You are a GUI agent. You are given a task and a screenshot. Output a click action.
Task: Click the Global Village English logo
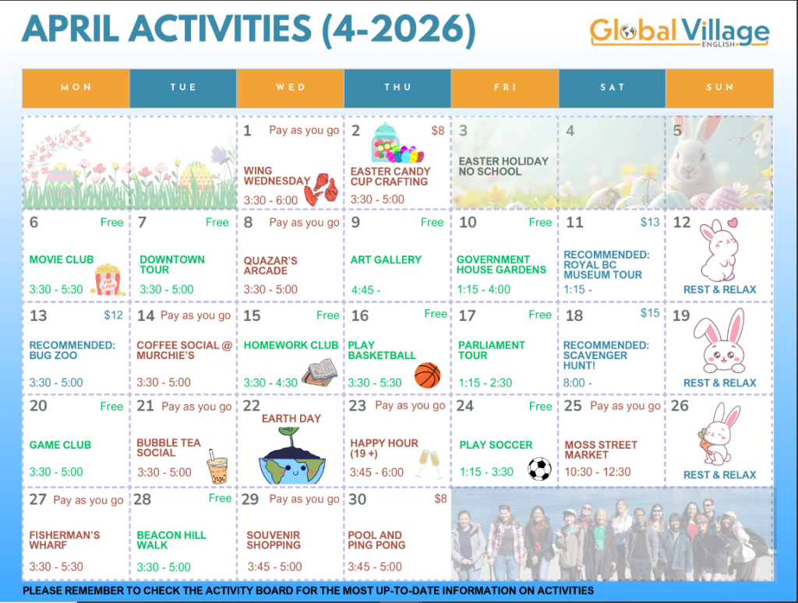(x=680, y=33)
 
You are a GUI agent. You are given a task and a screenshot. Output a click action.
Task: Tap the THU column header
(x=397, y=87)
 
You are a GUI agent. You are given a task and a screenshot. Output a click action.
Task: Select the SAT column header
(x=613, y=87)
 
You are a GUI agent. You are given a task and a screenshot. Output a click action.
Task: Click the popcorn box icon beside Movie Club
(x=107, y=279)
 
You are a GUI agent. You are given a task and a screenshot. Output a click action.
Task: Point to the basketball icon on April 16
(x=428, y=376)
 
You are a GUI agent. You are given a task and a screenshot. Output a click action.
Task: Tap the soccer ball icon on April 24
(x=539, y=469)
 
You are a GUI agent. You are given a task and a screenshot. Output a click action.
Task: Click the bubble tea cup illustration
(x=217, y=467)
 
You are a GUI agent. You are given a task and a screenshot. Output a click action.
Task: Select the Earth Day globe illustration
(x=291, y=457)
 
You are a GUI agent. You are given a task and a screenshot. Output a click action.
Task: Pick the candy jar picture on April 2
(x=396, y=143)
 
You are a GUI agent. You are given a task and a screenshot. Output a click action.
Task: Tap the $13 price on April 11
(x=649, y=222)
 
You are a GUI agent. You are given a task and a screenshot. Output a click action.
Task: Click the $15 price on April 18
(x=649, y=313)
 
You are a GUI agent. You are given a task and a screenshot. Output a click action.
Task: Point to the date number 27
(x=37, y=499)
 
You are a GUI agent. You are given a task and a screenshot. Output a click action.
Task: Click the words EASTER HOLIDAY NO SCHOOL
(x=503, y=167)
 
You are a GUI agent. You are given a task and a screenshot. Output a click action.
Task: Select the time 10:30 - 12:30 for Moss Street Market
(x=598, y=471)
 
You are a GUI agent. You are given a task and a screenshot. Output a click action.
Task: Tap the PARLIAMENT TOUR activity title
(x=491, y=350)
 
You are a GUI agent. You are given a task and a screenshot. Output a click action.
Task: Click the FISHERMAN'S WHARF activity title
(x=64, y=540)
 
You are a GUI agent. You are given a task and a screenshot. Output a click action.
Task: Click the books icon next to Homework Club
(x=320, y=373)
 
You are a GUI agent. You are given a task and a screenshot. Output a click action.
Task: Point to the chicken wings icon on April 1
(x=321, y=189)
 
